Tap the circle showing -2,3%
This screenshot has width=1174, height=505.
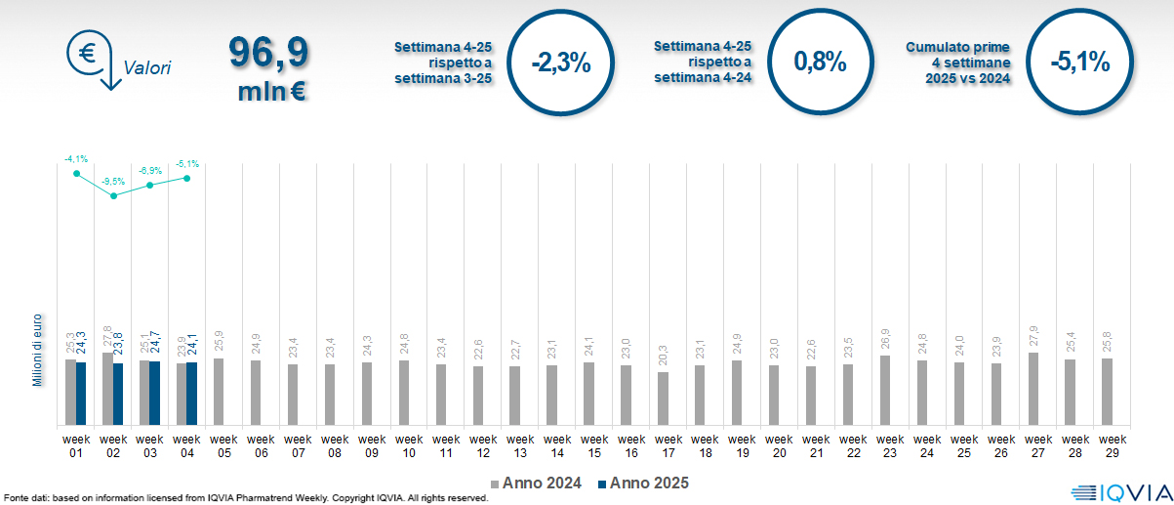coord(560,63)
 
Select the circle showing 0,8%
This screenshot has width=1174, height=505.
coord(819,63)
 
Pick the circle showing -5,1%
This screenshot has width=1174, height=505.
coord(1079,63)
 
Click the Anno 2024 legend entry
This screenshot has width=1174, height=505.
coord(537,484)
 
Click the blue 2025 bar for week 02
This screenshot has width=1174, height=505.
coord(118,395)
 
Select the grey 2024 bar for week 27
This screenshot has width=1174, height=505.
coord(1032,389)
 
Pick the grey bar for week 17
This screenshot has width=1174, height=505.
coord(663,399)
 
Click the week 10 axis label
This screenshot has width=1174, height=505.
coord(409,445)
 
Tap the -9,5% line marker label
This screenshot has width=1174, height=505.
coord(114,182)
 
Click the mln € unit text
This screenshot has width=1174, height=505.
coord(272,93)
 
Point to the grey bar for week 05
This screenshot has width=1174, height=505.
coord(218,392)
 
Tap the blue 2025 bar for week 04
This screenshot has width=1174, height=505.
coord(191,394)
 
